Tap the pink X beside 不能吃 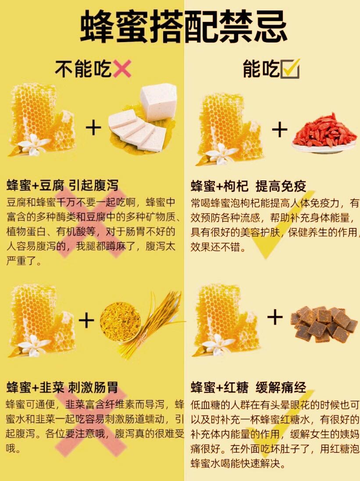click(x=122, y=69)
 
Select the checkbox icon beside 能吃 click(x=290, y=69)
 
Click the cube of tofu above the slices click(x=158, y=101)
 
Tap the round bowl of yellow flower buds click(x=120, y=321)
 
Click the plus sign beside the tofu click(x=93, y=128)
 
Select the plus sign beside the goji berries click(x=279, y=130)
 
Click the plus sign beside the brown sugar click(x=275, y=317)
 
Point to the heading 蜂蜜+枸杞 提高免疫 click(x=248, y=186)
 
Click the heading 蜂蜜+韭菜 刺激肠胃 click(x=62, y=388)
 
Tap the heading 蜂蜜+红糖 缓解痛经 click(x=248, y=388)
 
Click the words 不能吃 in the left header click(x=83, y=69)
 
